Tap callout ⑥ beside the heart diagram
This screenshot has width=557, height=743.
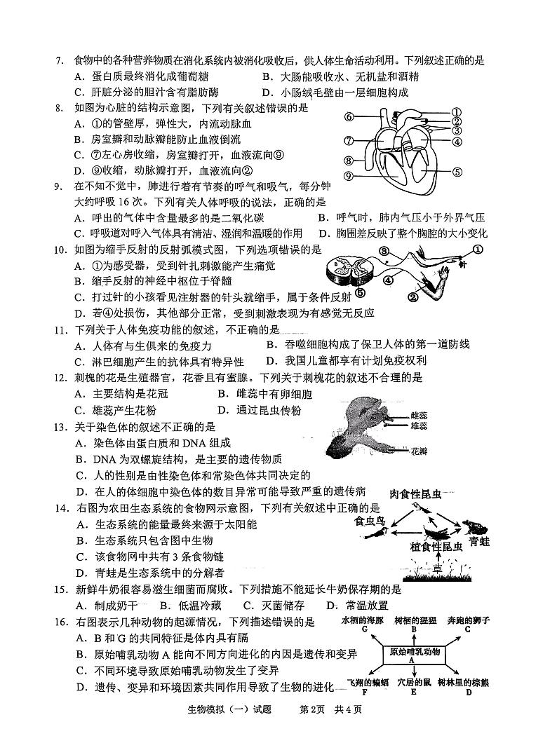point(348,116)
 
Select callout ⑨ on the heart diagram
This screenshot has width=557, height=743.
point(348,176)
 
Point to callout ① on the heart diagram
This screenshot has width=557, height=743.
point(456,111)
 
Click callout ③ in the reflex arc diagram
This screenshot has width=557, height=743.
point(384,251)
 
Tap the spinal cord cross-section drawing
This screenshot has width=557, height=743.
point(344,269)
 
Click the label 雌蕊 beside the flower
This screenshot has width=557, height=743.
point(419,416)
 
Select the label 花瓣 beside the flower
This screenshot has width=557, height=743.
point(419,450)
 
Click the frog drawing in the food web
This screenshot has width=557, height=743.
point(469,526)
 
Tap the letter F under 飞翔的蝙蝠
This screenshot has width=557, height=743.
point(365,692)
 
